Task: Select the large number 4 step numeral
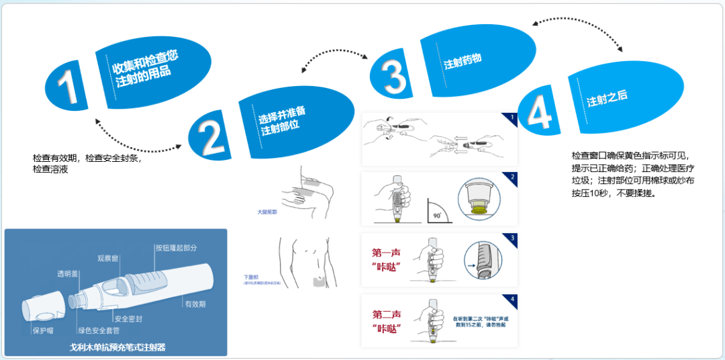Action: click(540, 112)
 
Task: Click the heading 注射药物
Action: click(463, 62)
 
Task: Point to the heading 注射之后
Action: click(607, 99)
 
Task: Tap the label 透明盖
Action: click(67, 273)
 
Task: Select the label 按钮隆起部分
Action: click(176, 248)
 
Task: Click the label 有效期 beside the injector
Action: click(195, 304)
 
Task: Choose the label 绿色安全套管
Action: click(99, 330)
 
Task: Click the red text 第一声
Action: click(387, 253)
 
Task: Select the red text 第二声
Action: click(387, 314)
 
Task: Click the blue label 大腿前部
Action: click(267, 212)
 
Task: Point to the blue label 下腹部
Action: click(251, 277)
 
